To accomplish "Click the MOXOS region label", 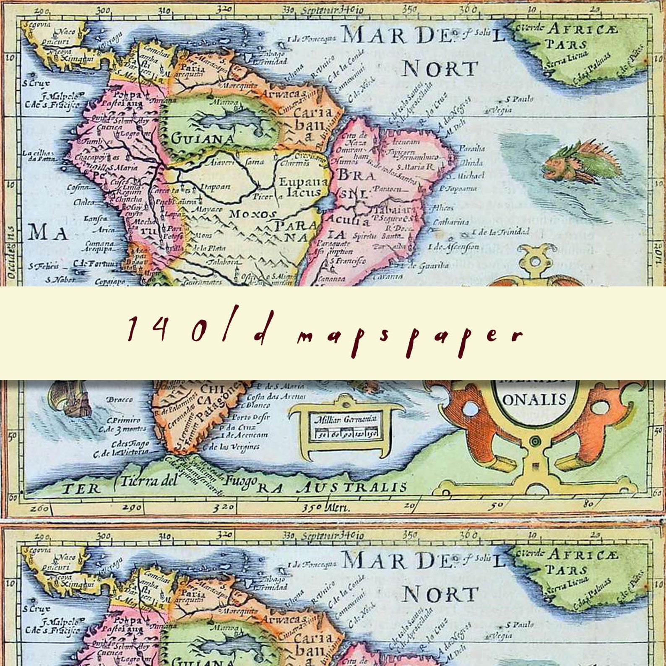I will [x=253, y=214].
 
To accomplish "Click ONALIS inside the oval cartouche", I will [x=533, y=399].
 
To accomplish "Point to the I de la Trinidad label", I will [x=501, y=232].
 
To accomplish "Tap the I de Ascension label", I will [x=453, y=247].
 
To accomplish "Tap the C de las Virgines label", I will [x=234, y=447].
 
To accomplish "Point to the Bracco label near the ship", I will [x=120, y=400].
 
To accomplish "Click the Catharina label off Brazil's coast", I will [x=451, y=222].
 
